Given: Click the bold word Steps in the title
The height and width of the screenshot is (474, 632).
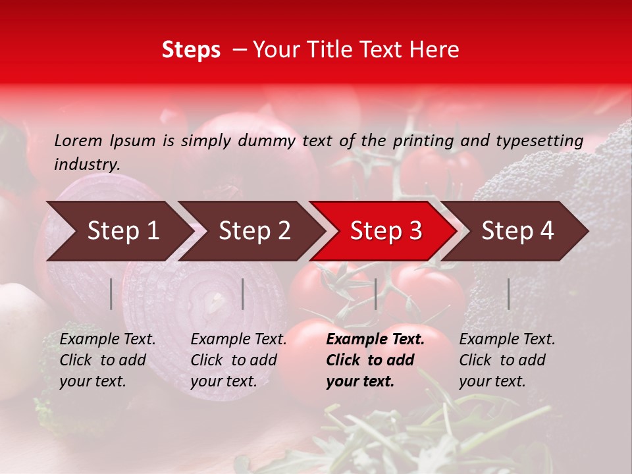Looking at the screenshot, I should click(x=191, y=50).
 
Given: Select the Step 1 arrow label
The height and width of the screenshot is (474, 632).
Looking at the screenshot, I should click(x=123, y=230).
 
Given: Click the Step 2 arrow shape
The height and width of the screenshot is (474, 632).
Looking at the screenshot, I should click(x=254, y=230).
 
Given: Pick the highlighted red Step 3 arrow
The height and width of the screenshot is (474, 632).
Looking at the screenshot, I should click(x=386, y=230).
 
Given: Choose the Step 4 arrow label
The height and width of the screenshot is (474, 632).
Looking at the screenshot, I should click(x=517, y=230).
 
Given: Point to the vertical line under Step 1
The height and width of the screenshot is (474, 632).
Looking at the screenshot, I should click(x=111, y=294).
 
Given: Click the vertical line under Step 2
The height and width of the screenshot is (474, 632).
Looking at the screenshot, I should click(x=243, y=294).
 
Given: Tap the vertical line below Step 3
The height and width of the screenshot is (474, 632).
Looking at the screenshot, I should click(x=375, y=294).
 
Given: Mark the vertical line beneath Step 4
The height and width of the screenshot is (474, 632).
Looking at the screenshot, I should click(x=508, y=294).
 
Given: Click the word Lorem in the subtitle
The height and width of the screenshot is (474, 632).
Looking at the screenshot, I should click(x=78, y=140).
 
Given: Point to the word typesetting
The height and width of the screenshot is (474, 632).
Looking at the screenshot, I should click(x=539, y=140).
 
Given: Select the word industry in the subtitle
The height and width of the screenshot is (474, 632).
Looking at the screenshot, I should click(x=87, y=164).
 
